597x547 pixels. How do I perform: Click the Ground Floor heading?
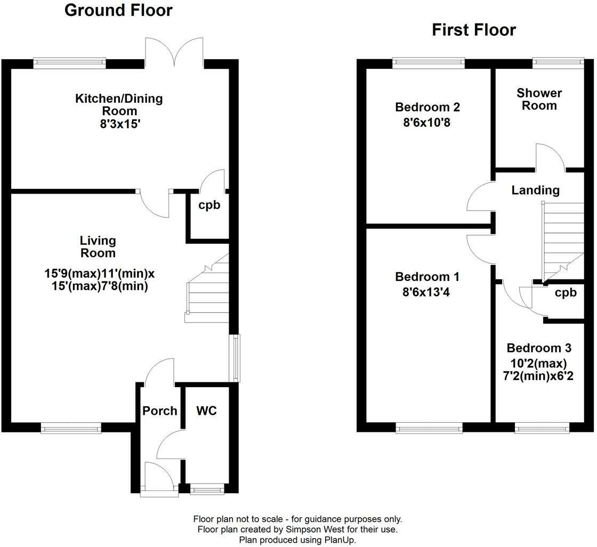click(x=118, y=10)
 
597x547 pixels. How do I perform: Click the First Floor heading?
click(x=474, y=30)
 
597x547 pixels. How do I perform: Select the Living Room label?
click(x=98, y=247)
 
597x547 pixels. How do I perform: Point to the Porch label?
click(x=160, y=411)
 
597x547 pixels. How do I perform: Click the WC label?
click(x=206, y=411)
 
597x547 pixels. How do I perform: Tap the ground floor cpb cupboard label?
click(x=209, y=205)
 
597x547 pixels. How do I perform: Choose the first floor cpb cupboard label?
click(x=566, y=293)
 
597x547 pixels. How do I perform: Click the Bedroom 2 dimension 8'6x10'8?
click(x=427, y=123)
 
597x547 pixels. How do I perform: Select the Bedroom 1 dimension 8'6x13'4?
click(x=426, y=292)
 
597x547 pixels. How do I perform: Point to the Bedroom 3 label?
click(x=539, y=348)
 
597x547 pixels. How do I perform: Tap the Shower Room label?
click(x=539, y=99)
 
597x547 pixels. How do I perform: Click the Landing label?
click(x=535, y=190)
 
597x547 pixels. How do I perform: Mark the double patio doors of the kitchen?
click(x=174, y=52)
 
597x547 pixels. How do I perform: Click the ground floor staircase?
click(x=207, y=288)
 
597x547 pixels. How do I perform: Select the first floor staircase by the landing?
click(x=563, y=242)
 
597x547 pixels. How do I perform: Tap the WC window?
click(x=207, y=489)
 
